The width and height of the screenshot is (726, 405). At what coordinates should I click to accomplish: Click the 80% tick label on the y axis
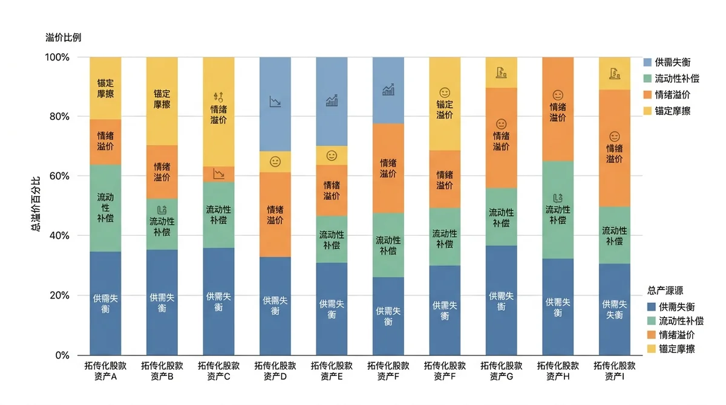(59, 117)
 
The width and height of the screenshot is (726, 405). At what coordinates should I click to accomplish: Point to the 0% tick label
(62, 355)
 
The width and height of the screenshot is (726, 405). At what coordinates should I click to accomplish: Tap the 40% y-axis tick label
(59, 236)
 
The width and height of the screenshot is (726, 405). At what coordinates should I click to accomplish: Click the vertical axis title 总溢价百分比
(36, 204)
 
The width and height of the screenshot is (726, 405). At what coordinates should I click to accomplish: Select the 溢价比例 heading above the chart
(63, 37)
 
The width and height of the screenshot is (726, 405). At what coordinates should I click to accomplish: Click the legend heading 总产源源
(665, 291)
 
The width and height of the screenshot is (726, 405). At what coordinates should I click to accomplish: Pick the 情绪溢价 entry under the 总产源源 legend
(671, 335)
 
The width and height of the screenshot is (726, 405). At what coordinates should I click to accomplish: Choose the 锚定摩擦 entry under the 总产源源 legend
(671, 349)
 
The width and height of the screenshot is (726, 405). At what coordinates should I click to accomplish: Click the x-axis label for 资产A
(105, 371)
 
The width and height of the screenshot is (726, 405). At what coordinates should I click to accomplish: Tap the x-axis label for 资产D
(275, 371)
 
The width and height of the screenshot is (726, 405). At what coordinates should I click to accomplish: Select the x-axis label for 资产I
(615, 371)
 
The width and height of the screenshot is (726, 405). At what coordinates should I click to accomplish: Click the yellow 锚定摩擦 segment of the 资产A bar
(105, 88)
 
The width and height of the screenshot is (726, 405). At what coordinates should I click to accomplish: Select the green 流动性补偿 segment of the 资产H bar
(558, 210)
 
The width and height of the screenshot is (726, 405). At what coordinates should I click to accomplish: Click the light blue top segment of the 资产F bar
(388, 90)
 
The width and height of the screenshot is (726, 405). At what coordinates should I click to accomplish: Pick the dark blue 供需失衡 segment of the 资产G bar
(502, 300)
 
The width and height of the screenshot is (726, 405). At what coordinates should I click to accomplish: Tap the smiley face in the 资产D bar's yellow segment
(275, 161)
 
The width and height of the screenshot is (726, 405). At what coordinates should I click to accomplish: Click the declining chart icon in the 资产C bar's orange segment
(219, 174)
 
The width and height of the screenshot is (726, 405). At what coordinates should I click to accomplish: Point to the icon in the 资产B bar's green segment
(162, 210)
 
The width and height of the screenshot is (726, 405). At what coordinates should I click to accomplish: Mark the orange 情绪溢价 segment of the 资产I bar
(615, 148)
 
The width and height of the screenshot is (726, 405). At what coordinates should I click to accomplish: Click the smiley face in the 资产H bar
(558, 95)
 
